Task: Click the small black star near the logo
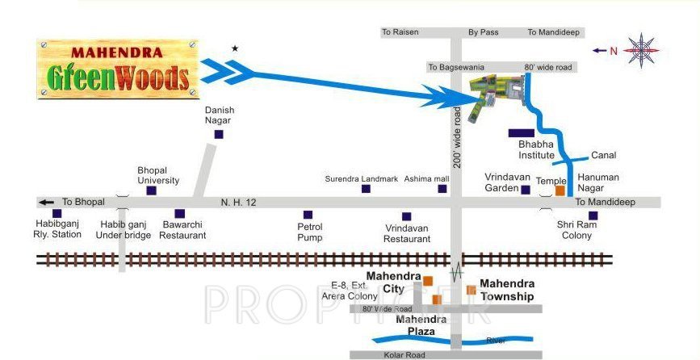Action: click(235, 48)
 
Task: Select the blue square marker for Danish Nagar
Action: click(218, 135)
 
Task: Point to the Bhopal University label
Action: click(158, 176)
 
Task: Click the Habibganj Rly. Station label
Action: click(59, 229)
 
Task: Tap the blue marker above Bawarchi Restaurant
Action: click(179, 215)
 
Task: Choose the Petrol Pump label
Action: click(310, 232)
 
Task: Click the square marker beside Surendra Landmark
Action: click(366, 189)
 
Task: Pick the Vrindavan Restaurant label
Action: click(407, 233)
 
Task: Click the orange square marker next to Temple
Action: click(560, 191)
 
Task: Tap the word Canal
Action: click(603, 155)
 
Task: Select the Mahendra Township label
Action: click(507, 290)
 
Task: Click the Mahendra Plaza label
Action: click(421, 324)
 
